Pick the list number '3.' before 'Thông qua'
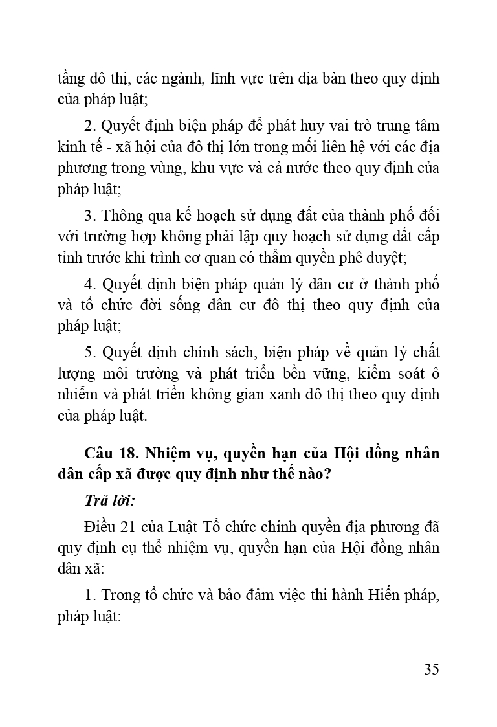pos(89,215)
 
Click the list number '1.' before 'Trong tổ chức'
pos(89,595)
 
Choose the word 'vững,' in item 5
pos(359,374)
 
